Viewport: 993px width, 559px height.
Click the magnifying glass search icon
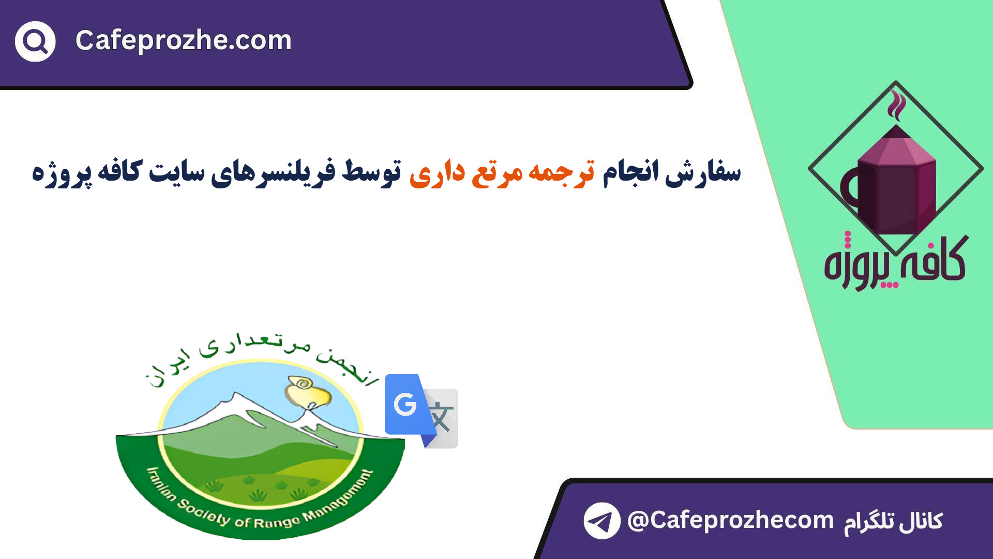coord(35,41)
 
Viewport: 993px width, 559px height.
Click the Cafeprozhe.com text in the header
coord(184,40)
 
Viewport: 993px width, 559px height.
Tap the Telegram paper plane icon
coord(602,521)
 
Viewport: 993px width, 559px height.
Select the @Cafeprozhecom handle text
coord(730,520)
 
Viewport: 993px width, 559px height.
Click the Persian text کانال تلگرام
coord(893,521)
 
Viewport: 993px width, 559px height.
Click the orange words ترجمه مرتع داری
coord(502,172)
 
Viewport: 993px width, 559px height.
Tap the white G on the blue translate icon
coord(405,404)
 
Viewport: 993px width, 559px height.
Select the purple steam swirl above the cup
coord(896,105)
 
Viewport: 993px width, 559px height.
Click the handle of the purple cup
coord(849,189)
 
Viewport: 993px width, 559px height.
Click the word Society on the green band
coord(204,512)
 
